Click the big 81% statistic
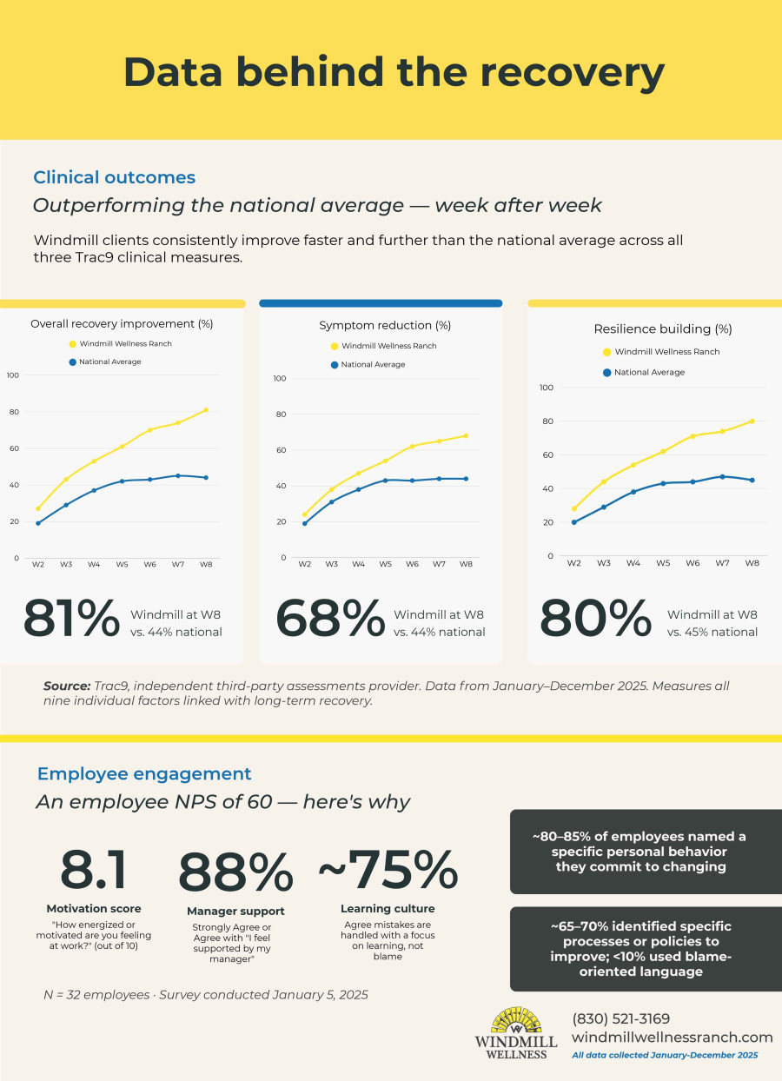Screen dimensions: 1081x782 click(x=71, y=618)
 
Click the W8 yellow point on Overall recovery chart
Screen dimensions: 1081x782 click(x=206, y=409)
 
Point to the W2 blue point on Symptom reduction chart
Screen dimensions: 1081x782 click(x=305, y=523)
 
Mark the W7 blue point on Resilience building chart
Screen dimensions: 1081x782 click(x=723, y=476)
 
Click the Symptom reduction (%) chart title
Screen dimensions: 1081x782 click(x=385, y=326)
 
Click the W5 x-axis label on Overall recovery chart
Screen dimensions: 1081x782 click(x=123, y=564)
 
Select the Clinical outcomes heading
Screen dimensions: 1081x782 click(x=114, y=177)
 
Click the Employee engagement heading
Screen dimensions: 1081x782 click(x=143, y=773)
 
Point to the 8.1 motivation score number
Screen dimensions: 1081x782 click(x=94, y=870)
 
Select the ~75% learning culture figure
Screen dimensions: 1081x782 click(x=388, y=870)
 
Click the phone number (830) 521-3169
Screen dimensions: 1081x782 click(x=620, y=1018)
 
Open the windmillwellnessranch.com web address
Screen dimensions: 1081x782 click(x=672, y=1037)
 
